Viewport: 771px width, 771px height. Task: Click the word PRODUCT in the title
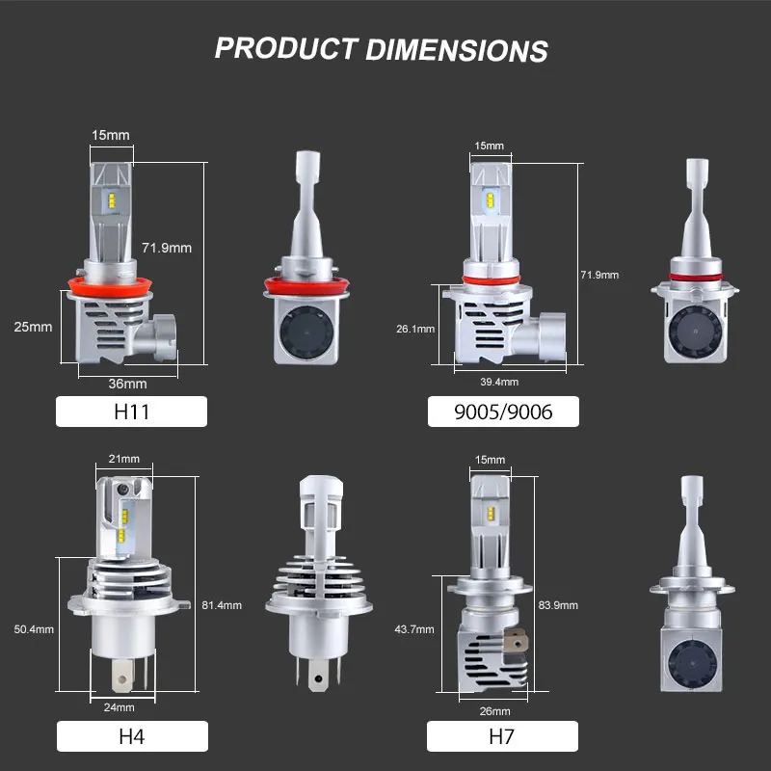pos(286,48)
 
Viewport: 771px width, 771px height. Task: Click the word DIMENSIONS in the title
pos(457,50)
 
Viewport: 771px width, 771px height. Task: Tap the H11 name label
pos(131,412)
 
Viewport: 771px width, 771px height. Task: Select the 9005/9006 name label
pos(503,412)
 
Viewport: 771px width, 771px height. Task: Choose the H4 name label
pos(132,736)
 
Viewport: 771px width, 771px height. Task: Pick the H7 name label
pos(502,736)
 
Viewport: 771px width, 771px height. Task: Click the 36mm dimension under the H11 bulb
pos(128,384)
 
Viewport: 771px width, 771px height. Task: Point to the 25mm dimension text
pos(33,327)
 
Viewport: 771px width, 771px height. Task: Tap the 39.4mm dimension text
pos(499,382)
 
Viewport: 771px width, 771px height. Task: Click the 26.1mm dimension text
pos(415,329)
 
